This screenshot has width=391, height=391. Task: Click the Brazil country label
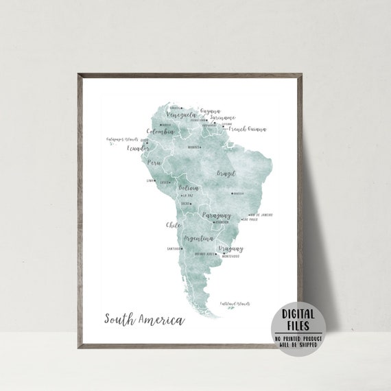click(x=226, y=174)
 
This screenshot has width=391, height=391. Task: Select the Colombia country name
click(x=161, y=131)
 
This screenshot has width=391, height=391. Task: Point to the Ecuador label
click(x=139, y=147)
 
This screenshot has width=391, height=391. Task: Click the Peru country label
click(x=154, y=163)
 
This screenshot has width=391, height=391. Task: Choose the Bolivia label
click(x=189, y=187)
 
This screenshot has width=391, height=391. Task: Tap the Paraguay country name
click(x=217, y=215)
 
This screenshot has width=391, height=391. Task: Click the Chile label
click(x=173, y=224)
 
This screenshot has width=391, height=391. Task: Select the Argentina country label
click(x=200, y=238)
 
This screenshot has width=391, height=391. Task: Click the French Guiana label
click(x=247, y=128)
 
